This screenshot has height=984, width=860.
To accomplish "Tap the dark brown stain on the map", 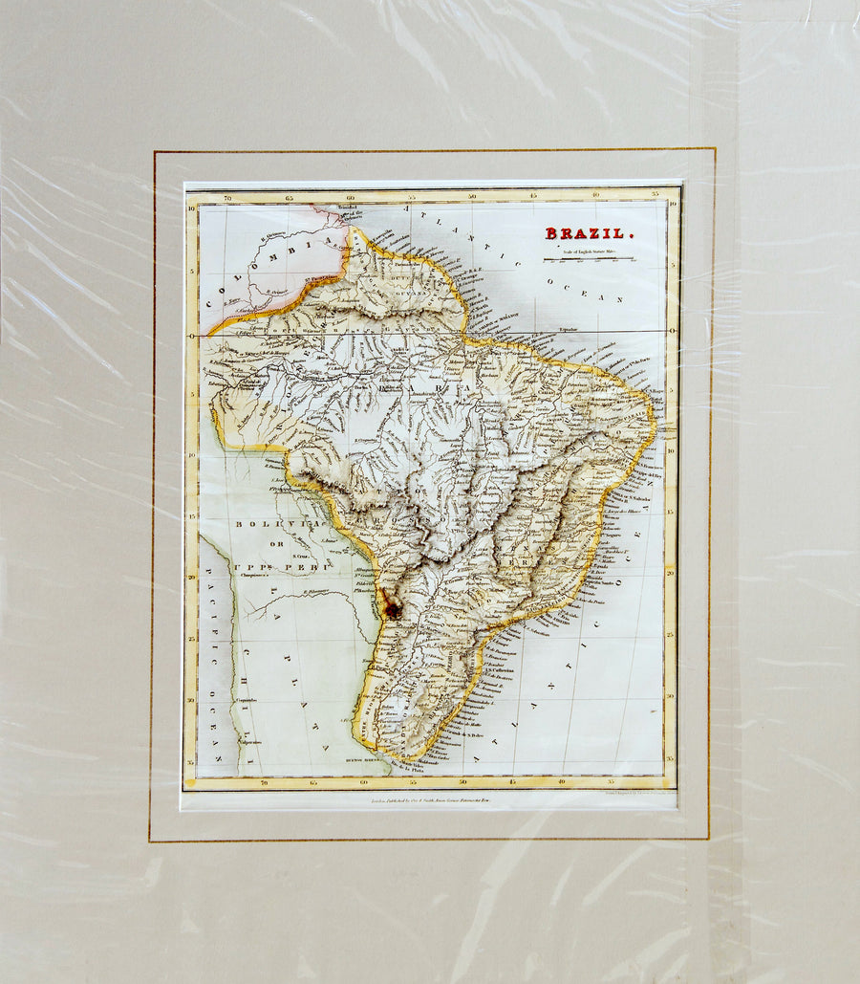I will tap(392, 608).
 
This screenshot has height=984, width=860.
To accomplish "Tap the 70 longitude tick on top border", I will tap(226, 198).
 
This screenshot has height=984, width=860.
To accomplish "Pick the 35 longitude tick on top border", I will tap(656, 197).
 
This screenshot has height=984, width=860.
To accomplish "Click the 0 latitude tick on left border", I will tap(192, 336).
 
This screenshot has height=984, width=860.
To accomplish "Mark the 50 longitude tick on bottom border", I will tap(465, 782).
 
